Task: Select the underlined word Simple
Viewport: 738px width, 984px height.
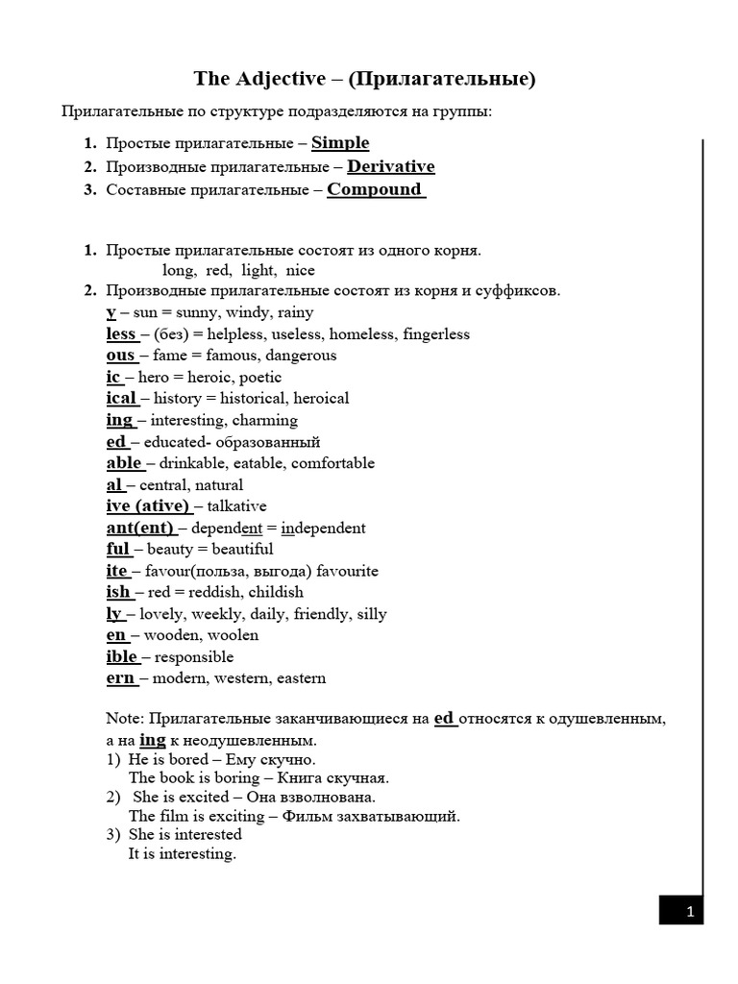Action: pyautogui.click(x=340, y=143)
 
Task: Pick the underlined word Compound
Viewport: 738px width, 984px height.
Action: pyautogui.click(x=375, y=189)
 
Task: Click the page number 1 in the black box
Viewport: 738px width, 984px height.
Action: pyautogui.click(x=688, y=910)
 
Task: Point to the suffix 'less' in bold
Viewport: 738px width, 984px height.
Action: pyautogui.click(x=121, y=334)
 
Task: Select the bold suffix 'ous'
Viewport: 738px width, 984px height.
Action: pyautogui.click(x=120, y=356)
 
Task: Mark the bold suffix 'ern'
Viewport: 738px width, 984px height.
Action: pyautogui.click(x=120, y=678)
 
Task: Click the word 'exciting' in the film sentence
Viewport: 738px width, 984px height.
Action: pyautogui.click(x=237, y=817)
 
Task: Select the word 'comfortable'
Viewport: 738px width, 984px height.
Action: pyautogui.click(x=332, y=463)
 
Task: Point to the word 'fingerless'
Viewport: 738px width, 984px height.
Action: pyautogui.click(x=436, y=334)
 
